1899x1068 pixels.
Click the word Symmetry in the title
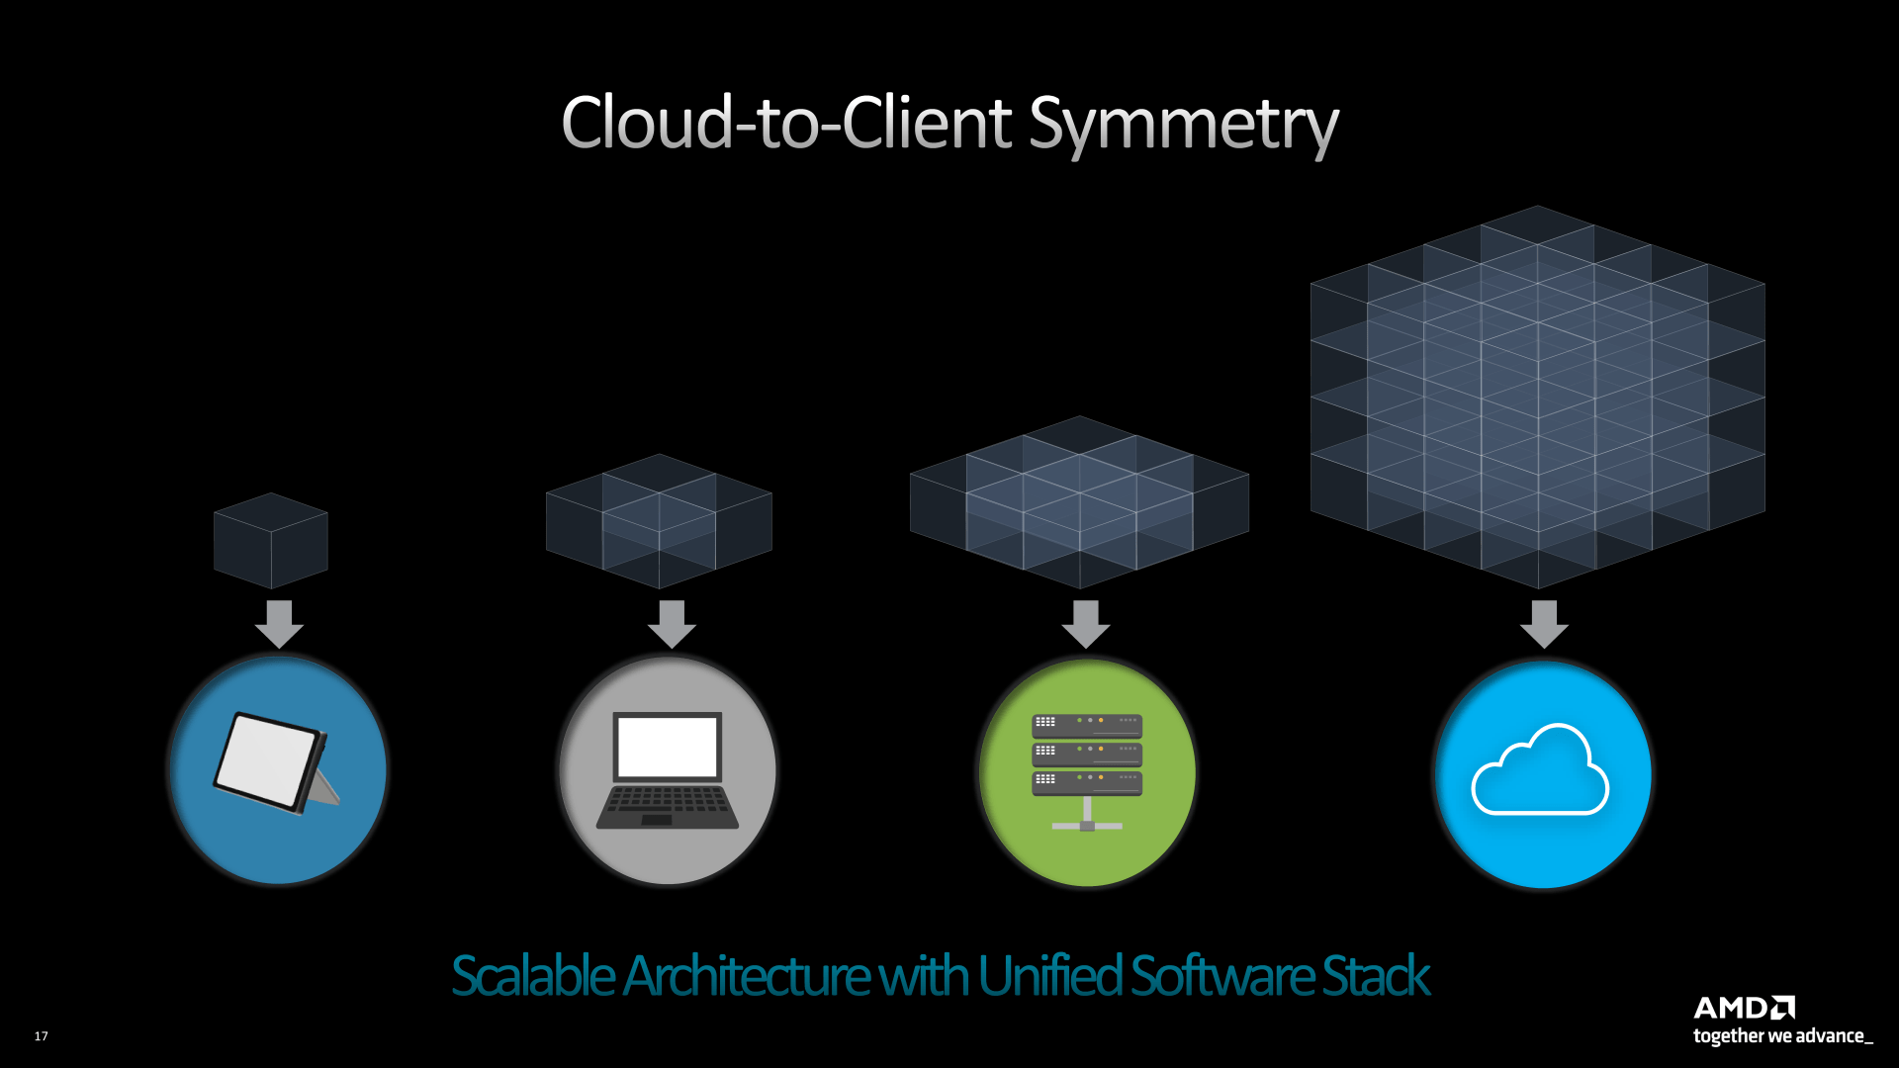coord(1183,125)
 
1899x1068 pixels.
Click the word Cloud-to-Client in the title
coord(786,123)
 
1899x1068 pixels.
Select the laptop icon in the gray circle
coord(668,770)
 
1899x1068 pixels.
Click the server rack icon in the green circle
coord(1087,770)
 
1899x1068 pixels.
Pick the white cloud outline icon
coord(1540,771)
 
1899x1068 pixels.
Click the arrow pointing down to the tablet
coord(279,624)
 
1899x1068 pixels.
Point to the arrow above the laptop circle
coord(672,624)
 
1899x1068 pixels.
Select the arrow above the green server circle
coord(1086,624)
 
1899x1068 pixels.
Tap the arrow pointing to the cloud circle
coord(1544,624)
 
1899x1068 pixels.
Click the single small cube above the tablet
coord(271,541)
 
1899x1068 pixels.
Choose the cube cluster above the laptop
coord(659,521)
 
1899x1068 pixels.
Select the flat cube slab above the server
coord(1079,502)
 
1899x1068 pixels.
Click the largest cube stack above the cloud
coord(1538,396)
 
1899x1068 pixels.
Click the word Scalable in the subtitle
coord(532,976)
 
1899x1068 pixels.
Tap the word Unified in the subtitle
coord(1049,976)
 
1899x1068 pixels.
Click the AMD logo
coord(1744,1008)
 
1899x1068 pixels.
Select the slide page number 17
coord(41,1036)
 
